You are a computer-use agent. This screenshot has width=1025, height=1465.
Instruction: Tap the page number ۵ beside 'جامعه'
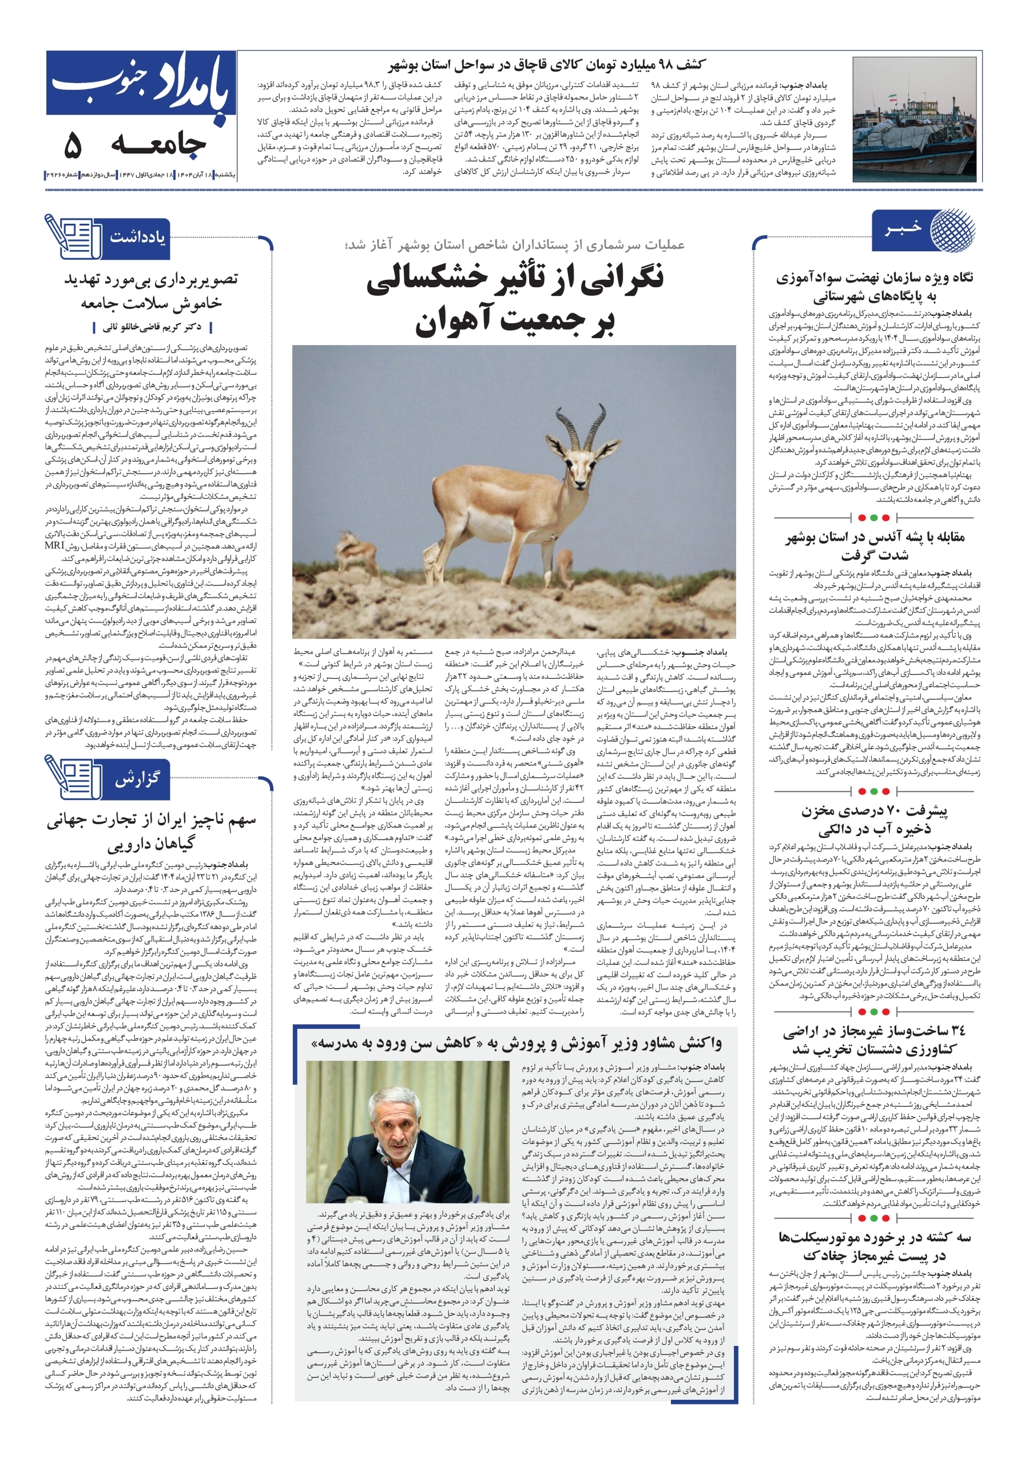pos(73,146)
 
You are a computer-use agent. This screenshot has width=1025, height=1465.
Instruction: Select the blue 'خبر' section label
pos(902,229)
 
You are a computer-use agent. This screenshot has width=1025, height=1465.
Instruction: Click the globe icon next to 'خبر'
pos(952,229)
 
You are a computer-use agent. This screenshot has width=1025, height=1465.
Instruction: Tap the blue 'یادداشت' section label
pos(137,237)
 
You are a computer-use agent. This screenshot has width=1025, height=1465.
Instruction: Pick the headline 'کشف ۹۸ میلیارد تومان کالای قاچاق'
pos(547,65)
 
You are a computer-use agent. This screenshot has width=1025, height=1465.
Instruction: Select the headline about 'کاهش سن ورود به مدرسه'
pos(515,1044)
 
